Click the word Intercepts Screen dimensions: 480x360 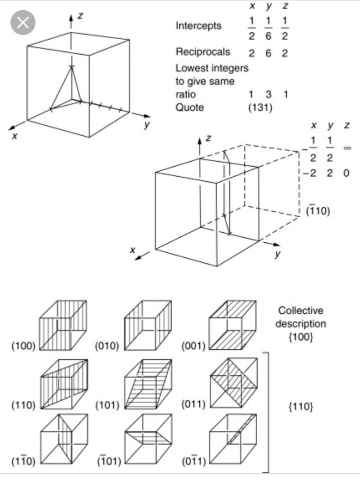(198, 26)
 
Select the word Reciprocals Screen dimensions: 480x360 (203, 52)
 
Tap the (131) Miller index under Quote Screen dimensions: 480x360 (260, 107)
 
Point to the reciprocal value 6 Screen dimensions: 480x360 (268, 53)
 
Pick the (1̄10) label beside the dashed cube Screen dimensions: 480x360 (317, 211)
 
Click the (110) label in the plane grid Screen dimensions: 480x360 (23, 405)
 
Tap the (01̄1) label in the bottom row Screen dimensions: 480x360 (193, 460)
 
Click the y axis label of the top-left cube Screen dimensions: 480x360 (146, 126)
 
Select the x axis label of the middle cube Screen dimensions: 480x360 (133, 248)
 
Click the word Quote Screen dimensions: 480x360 (189, 107)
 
